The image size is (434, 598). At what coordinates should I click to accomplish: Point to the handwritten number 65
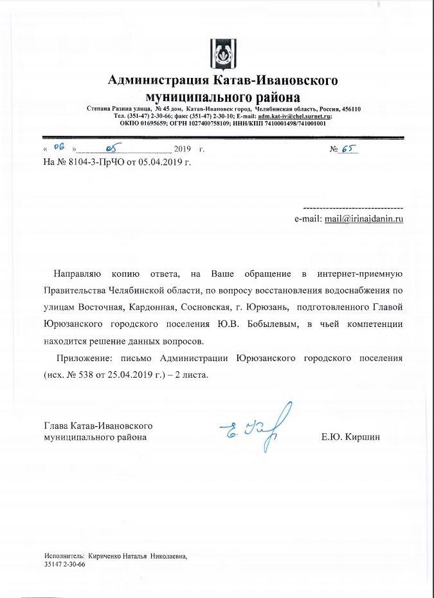point(349,149)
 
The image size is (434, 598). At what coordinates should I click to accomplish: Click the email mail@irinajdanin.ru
point(364,219)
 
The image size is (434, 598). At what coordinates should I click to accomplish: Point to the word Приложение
point(84,358)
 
